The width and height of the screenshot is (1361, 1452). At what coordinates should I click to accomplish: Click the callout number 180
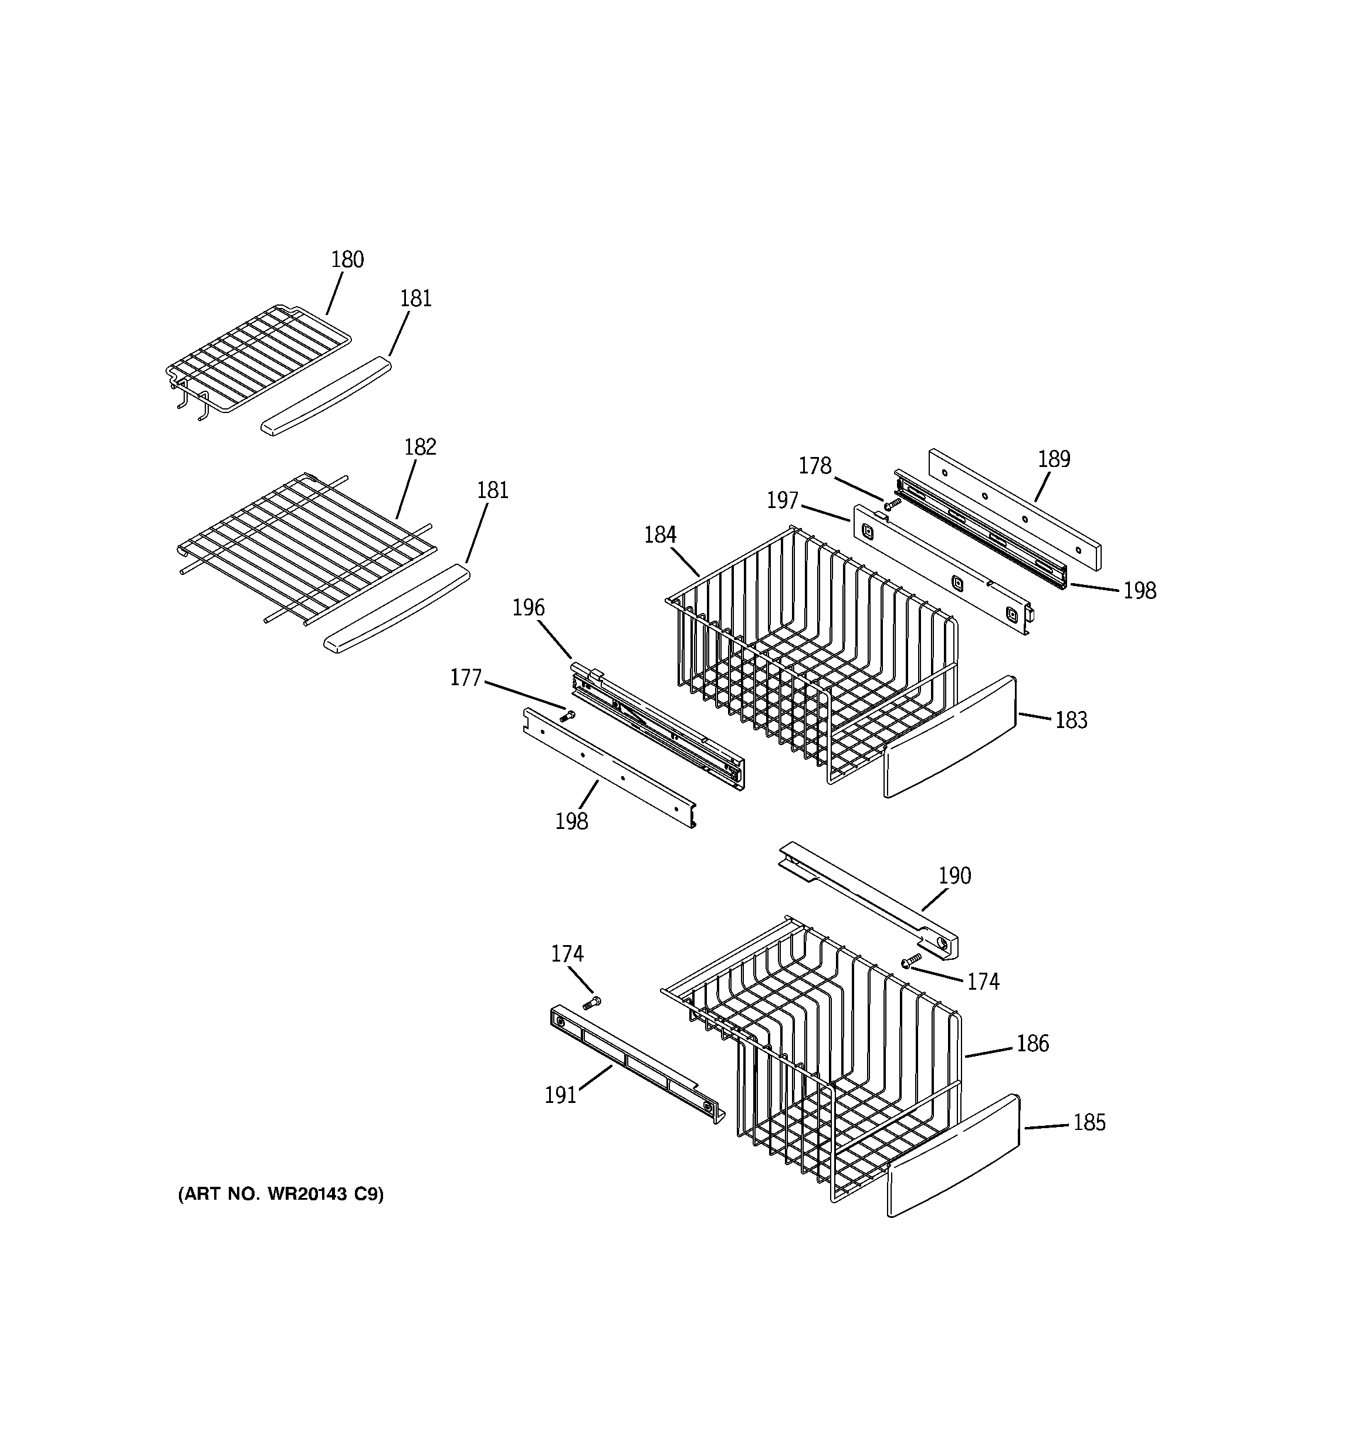(x=347, y=259)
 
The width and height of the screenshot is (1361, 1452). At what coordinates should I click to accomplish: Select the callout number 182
(x=420, y=447)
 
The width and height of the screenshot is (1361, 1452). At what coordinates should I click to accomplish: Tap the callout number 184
(x=660, y=536)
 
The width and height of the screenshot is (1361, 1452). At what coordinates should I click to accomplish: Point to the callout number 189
(x=1054, y=459)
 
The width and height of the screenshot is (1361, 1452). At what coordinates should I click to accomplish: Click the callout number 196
(x=528, y=608)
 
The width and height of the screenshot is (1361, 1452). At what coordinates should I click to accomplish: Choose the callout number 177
(x=465, y=678)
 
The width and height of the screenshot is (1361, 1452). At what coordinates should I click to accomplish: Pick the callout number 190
(x=954, y=876)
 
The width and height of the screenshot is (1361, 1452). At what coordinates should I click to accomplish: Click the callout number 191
(x=560, y=1095)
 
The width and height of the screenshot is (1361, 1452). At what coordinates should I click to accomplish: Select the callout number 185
(x=1089, y=1123)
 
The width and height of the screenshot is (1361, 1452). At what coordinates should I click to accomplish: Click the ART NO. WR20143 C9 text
(x=280, y=1194)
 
